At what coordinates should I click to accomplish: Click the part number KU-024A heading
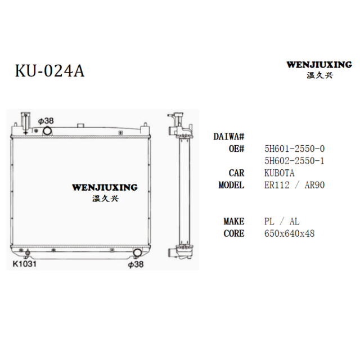(50, 70)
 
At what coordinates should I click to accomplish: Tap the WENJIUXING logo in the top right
(319, 69)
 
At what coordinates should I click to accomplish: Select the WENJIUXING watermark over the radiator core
(105, 192)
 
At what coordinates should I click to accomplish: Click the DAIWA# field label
(229, 137)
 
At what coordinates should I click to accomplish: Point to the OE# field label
(236, 148)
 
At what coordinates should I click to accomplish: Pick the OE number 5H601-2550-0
(294, 148)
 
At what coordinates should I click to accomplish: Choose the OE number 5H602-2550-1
(294, 161)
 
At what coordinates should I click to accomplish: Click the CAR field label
(236, 173)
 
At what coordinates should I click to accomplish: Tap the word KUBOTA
(279, 173)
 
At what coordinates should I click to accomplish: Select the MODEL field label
(231, 185)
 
